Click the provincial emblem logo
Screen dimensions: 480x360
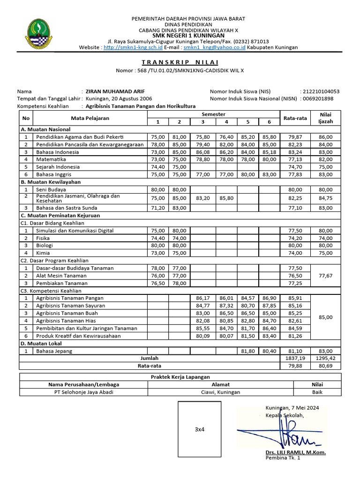tap(37, 33)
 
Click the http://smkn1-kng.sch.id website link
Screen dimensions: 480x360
tap(133, 47)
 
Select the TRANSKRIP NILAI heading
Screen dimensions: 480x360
tap(180, 62)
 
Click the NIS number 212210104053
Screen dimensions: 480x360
tap(321, 91)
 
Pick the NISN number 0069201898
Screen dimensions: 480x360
tap(318, 99)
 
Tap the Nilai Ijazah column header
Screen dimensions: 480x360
tap(325, 118)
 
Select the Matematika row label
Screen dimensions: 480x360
tap(52, 159)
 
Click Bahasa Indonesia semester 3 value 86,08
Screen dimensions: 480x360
tap(203, 152)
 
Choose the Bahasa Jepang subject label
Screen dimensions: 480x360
tap(54, 351)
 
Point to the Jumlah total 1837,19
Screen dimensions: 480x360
tap(295, 358)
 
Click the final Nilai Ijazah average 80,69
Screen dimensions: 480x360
tap(325, 366)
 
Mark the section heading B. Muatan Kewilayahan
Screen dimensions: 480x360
tap(51, 181)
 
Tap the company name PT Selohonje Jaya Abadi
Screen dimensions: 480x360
tap(84, 392)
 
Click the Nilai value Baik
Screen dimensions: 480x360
tap(317, 392)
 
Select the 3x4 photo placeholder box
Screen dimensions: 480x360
tap(200, 429)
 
